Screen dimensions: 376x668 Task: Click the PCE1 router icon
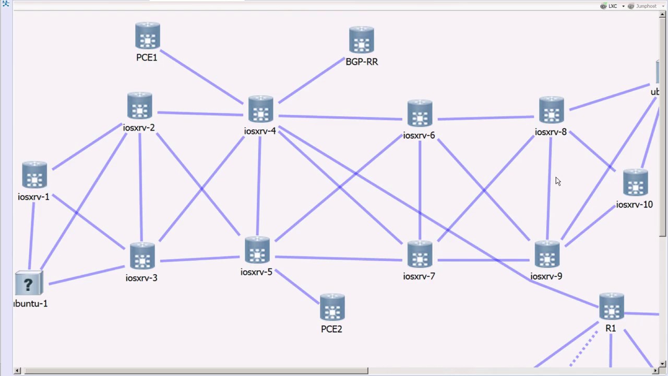point(147,36)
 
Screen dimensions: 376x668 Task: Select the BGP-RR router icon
point(361,40)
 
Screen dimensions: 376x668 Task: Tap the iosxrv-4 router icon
point(260,110)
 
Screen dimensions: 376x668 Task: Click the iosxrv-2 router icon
point(139,107)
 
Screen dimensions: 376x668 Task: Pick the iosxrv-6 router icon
point(420,114)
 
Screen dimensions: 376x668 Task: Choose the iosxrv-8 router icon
point(551,111)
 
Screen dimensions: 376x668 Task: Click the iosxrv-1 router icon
point(34,175)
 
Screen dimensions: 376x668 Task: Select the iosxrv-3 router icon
point(142,256)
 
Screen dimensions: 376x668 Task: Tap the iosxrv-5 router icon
point(257,251)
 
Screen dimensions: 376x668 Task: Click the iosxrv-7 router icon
point(420,255)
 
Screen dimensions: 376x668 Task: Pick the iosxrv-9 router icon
point(547,255)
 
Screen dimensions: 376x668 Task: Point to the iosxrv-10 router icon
point(635,183)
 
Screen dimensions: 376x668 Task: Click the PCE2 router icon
point(332,308)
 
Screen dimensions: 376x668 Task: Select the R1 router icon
point(611,307)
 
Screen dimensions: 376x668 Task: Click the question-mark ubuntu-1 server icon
point(29,284)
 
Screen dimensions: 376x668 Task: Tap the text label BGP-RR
point(362,62)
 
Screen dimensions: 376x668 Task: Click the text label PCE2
point(331,329)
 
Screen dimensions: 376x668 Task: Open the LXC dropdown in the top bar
point(612,6)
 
